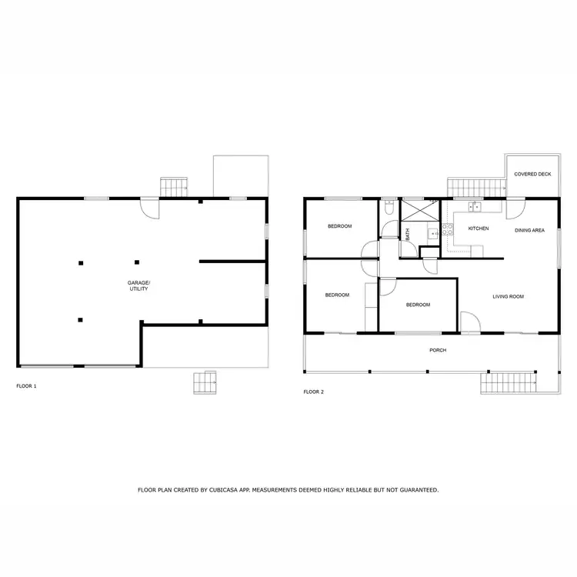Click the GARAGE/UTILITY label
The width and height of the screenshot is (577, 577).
click(x=138, y=286)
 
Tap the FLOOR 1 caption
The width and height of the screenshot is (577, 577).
click(x=26, y=385)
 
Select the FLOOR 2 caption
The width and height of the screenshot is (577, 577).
click(x=314, y=392)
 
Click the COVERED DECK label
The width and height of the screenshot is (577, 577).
click(x=532, y=175)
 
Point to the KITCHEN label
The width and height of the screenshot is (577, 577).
click(x=479, y=228)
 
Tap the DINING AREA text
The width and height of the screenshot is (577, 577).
click(x=529, y=229)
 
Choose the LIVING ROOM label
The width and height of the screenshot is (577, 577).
click(x=508, y=296)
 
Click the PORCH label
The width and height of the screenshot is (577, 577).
click(x=438, y=351)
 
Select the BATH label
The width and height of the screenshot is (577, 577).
click(x=407, y=234)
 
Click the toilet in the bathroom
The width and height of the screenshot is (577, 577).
click(x=389, y=208)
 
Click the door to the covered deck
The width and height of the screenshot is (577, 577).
click(x=516, y=207)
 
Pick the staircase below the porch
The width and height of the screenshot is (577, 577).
click(x=507, y=382)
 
